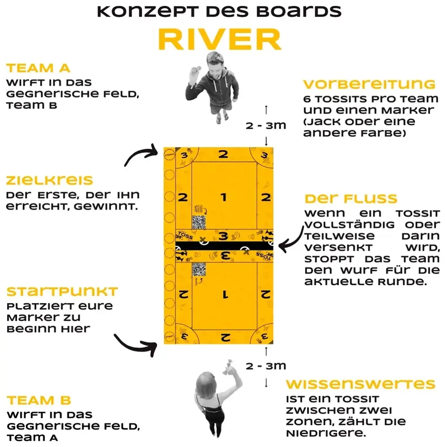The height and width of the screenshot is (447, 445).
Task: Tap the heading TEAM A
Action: pyautogui.click(x=38, y=68)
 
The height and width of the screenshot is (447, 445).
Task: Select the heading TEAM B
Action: pyautogui.click(x=39, y=400)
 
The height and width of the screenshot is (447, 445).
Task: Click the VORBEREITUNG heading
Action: pyautogui.click(x=369, y=84)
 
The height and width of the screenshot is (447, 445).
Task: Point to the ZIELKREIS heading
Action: pyautogui.click(x=49, y=181)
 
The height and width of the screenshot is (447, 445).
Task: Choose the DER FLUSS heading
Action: pyautogui.click(x=351, y=198)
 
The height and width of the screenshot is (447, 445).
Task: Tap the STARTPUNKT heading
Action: pyautogui.click(x=62, y=292)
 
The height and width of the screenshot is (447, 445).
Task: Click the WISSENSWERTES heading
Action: pyautogui.click(x=360, y=384)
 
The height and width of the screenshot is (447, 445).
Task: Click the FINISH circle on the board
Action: pyautogui.click(x=169, y=155)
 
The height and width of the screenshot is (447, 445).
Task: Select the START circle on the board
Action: pyautogui.click(x=169, y=336)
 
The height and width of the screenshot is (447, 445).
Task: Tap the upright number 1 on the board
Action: pyautogui.click(x=224, y=197)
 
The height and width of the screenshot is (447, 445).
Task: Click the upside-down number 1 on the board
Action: pyautogui.click(x=224, y=295)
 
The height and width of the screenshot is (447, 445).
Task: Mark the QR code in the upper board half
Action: pyautogui.click(x=199, y=222)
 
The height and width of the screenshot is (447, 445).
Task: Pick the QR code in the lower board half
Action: pyautogui.click(x=199, y=270)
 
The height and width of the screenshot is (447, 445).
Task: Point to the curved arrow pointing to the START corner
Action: pyautogui.click(x=134, y=344)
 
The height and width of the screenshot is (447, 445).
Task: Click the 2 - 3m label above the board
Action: pyautogui.click(x=266, y=125)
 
